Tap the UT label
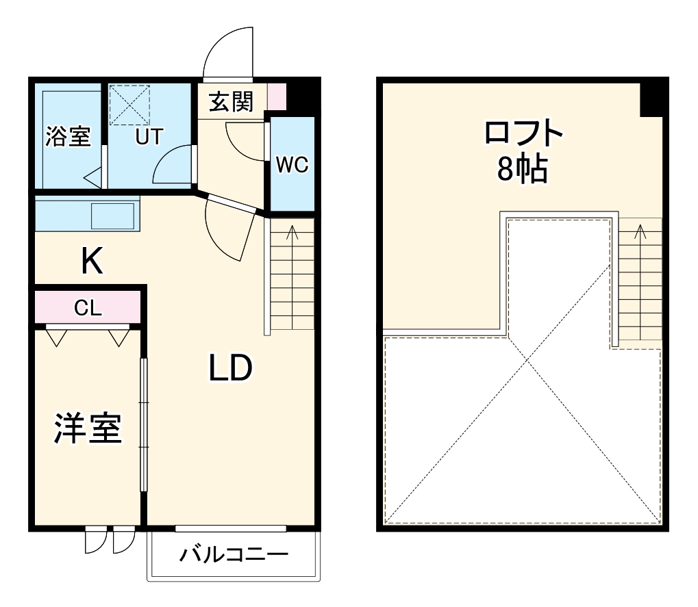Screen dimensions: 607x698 tap(148, 137)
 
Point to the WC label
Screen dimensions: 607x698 tap(292, 165)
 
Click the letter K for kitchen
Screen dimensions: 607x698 tap(92, 261)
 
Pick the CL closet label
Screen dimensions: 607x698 tap(88, 308)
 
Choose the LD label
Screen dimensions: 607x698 tap(231, 370)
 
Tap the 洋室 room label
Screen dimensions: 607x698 tap(88, 429)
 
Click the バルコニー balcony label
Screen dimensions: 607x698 tap(234, 554)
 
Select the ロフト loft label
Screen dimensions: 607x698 tap(523, 133)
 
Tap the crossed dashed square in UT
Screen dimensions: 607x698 tap(129, 105)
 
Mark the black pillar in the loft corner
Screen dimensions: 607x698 tap(653, 97)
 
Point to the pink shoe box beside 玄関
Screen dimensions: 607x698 tap(276, 96)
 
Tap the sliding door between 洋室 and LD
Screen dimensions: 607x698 tap(144, 424)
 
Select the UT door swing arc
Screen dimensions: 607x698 tap(173, 166)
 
